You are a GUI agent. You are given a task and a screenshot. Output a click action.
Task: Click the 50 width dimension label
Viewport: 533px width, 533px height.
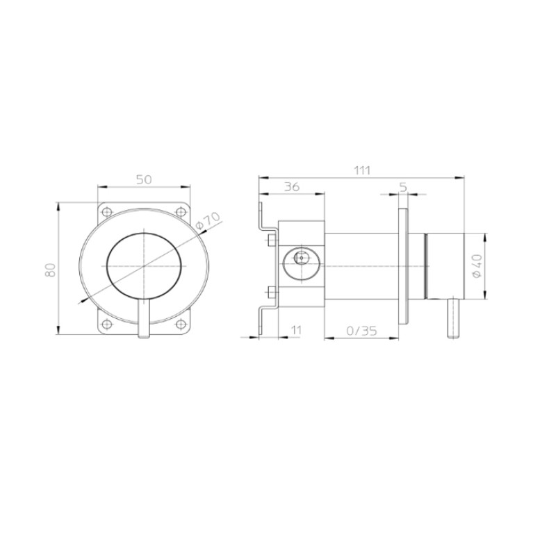(144, 179)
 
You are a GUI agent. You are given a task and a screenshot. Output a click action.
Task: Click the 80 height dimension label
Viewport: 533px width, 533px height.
(50, 270)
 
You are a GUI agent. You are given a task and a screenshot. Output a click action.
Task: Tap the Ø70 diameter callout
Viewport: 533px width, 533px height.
(208, 220)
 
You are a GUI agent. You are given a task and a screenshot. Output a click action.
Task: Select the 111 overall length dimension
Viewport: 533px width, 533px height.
(361, 170)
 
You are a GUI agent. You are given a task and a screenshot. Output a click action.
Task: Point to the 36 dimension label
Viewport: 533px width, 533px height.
(292, 187)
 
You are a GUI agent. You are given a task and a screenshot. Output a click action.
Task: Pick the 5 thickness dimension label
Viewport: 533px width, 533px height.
(403, 187)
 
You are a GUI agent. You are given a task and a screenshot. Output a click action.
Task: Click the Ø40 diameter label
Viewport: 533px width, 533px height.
(477, 266)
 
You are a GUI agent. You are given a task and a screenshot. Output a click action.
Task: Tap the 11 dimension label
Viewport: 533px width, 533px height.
(297, 329)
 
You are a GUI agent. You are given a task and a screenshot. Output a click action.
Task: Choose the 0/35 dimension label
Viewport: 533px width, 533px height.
(361, 330)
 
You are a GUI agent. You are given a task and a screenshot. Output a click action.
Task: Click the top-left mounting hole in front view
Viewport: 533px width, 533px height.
(107, 212)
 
